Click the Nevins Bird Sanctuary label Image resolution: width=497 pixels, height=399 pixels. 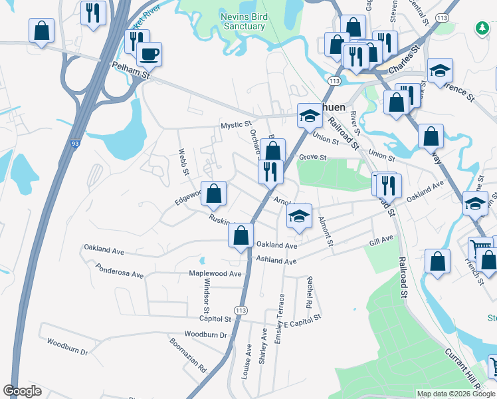coord(243,21)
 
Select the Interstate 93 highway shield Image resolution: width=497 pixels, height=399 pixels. coord(74,142)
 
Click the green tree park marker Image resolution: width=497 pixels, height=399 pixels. coord(482,29)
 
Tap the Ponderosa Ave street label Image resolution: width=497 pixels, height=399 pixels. coord(120,274)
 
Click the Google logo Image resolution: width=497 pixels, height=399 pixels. coord(22,391)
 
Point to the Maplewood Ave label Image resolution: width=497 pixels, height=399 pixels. coord(215,273)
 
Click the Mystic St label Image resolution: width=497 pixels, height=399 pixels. coord(237,124)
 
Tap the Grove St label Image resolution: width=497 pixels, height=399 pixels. coord(313,158)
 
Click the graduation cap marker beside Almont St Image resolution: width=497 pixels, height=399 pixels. coord(300,215)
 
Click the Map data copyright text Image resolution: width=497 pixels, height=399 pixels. coord(455,394)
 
